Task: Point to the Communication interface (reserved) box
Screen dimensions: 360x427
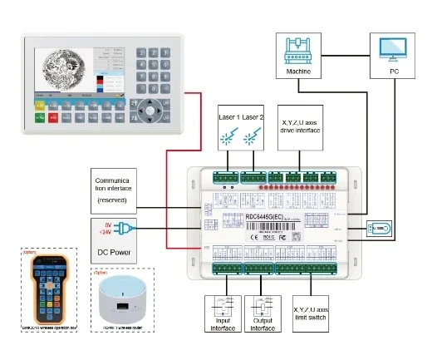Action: [x=120, y=189]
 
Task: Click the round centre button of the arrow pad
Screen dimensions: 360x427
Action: [x=150, y=108]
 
